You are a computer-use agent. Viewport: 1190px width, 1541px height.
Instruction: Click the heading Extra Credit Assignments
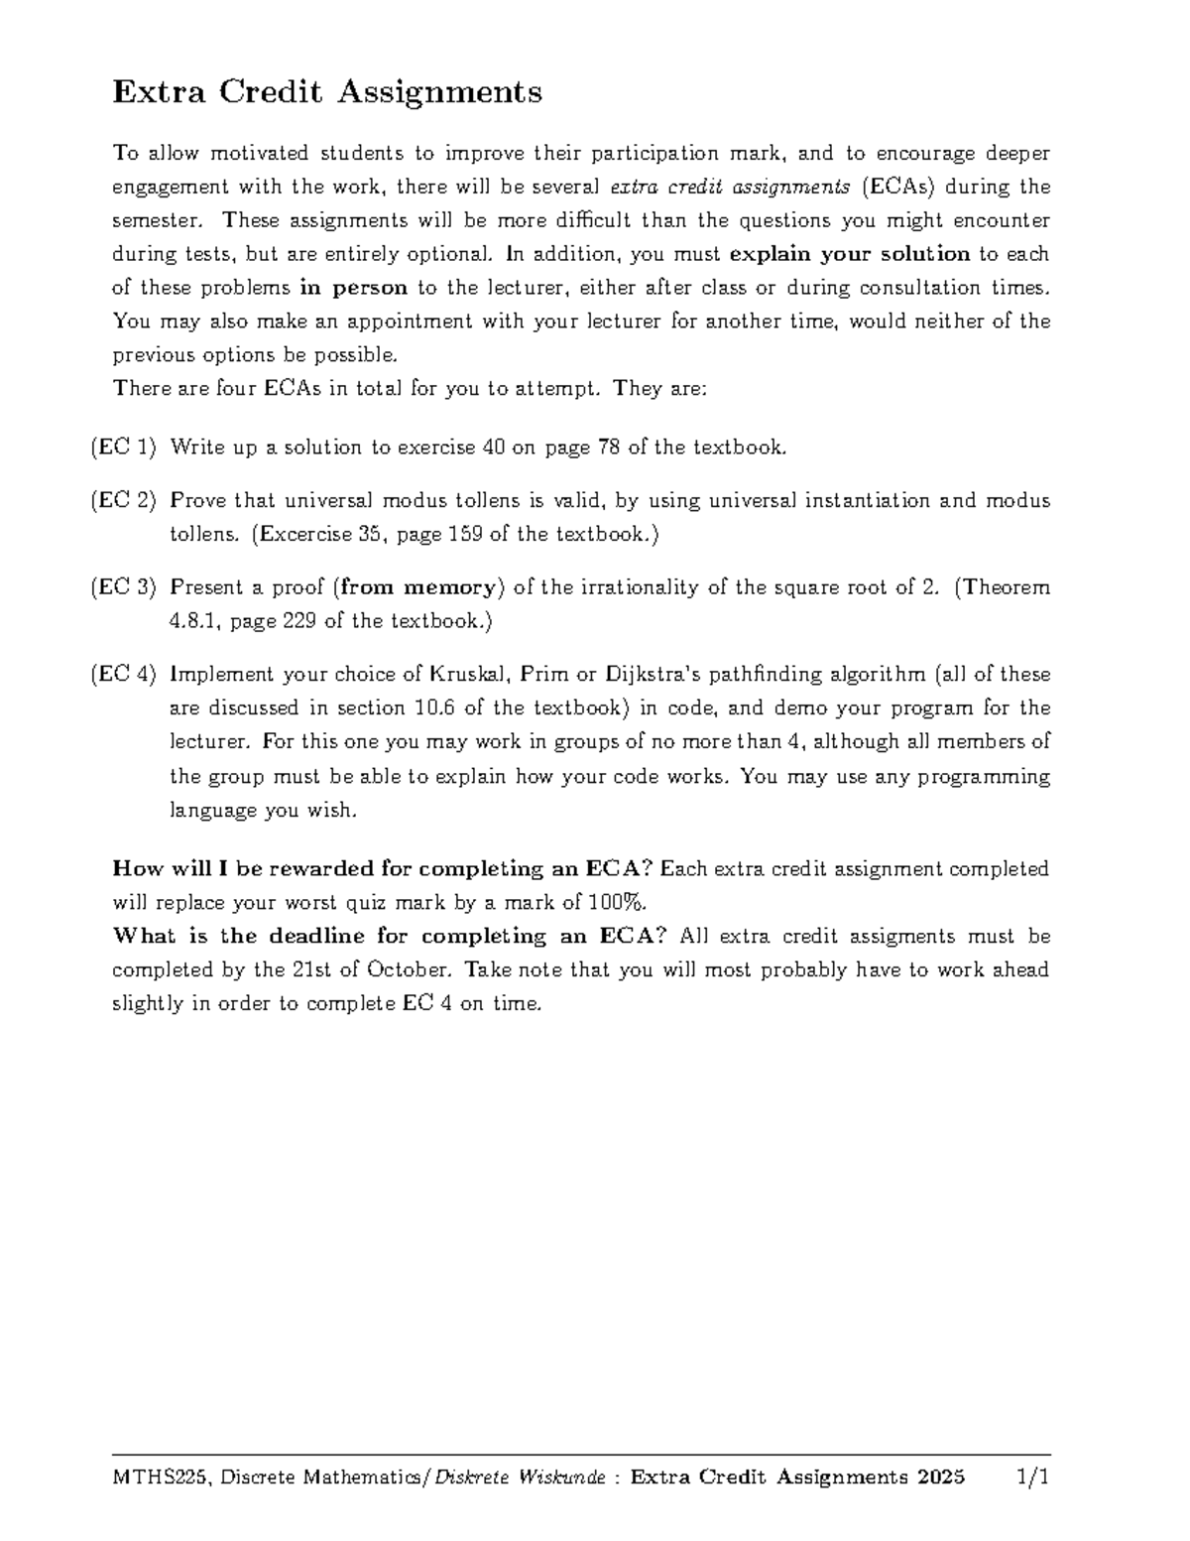pos(327,93)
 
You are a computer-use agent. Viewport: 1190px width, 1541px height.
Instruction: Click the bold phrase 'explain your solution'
pos(849,254)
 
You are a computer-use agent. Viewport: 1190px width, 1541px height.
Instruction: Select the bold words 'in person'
pos(354,288)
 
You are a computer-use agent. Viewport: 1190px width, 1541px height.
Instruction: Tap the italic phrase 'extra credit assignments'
pos(730,187)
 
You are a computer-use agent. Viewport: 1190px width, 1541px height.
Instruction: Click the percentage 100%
pos(615,903)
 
